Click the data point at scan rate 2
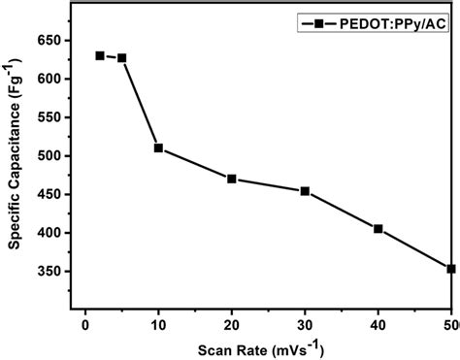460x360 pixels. [x=100, y=55]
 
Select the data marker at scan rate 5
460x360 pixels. [x=122, y=58]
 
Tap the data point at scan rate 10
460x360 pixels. [x=158, y=148]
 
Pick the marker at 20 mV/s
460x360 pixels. [x=232, y=179]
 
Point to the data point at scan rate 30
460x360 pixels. [x=305, y=191]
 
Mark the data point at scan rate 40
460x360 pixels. [x=378, y=229]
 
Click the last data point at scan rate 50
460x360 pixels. [x=451, y=269]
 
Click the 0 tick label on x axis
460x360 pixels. [x=85, y=323]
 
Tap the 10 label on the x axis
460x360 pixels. [x=158, y=323]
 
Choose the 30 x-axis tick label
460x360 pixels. [x=305, y=323]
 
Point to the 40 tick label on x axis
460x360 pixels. [x=378, y=323]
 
